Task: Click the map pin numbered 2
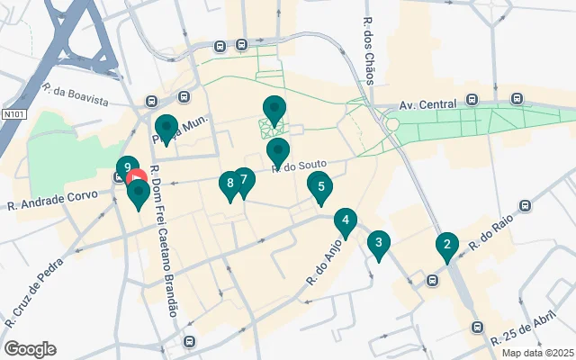446,245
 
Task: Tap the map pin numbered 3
379,242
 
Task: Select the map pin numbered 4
345,220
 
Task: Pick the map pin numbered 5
321,189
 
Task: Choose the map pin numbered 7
243,180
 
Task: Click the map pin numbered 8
230,184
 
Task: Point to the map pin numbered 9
129,168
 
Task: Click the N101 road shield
13,114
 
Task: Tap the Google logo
30,349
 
